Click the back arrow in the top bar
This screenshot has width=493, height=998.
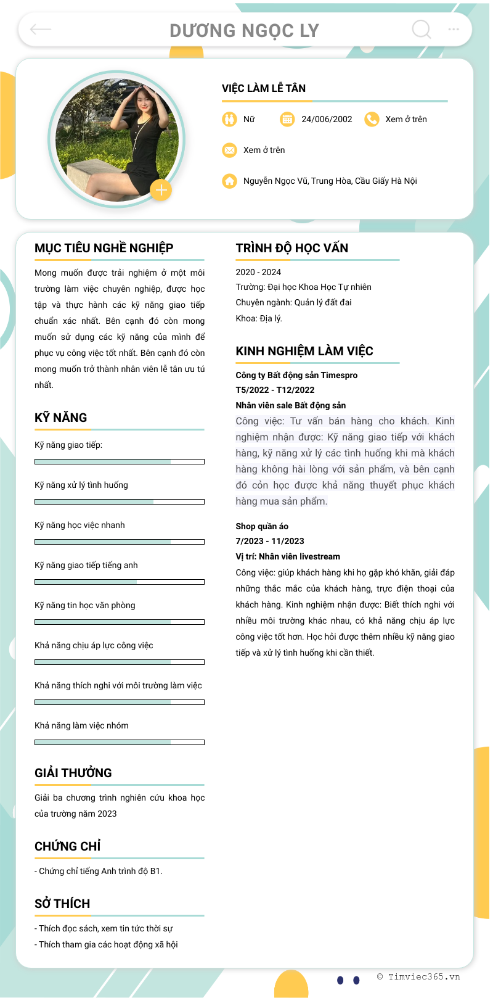tap(41, 29)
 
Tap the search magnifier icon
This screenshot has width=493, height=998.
tap(422, 29)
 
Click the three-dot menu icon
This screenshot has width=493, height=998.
tap(454, 29)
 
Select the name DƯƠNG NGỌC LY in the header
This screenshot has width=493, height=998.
tap(245, 30)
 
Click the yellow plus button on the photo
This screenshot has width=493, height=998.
tap(161, 190)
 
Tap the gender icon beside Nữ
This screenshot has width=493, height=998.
tap(229, 119)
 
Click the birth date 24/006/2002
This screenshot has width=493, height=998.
tap(327, 119)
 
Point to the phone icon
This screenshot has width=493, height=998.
tap(372, 119)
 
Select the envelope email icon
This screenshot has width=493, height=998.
tap(229, 150)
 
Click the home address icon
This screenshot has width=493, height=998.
tap(229, 181)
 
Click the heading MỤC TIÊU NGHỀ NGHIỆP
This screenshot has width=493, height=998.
tap(104, 248)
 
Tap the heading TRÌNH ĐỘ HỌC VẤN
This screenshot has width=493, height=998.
tap(292, 248)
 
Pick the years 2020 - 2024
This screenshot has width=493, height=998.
tap(258, 272)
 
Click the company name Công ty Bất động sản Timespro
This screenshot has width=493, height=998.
tap(296, 375)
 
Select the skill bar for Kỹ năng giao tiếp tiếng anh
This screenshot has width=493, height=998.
tap(120, 582)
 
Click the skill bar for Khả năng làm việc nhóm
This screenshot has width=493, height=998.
tap(120, 742)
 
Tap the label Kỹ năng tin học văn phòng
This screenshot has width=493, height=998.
tap(85, 605)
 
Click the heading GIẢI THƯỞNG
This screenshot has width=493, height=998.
tap(73, 773)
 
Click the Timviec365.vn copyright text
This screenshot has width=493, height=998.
tap(418, 976)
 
